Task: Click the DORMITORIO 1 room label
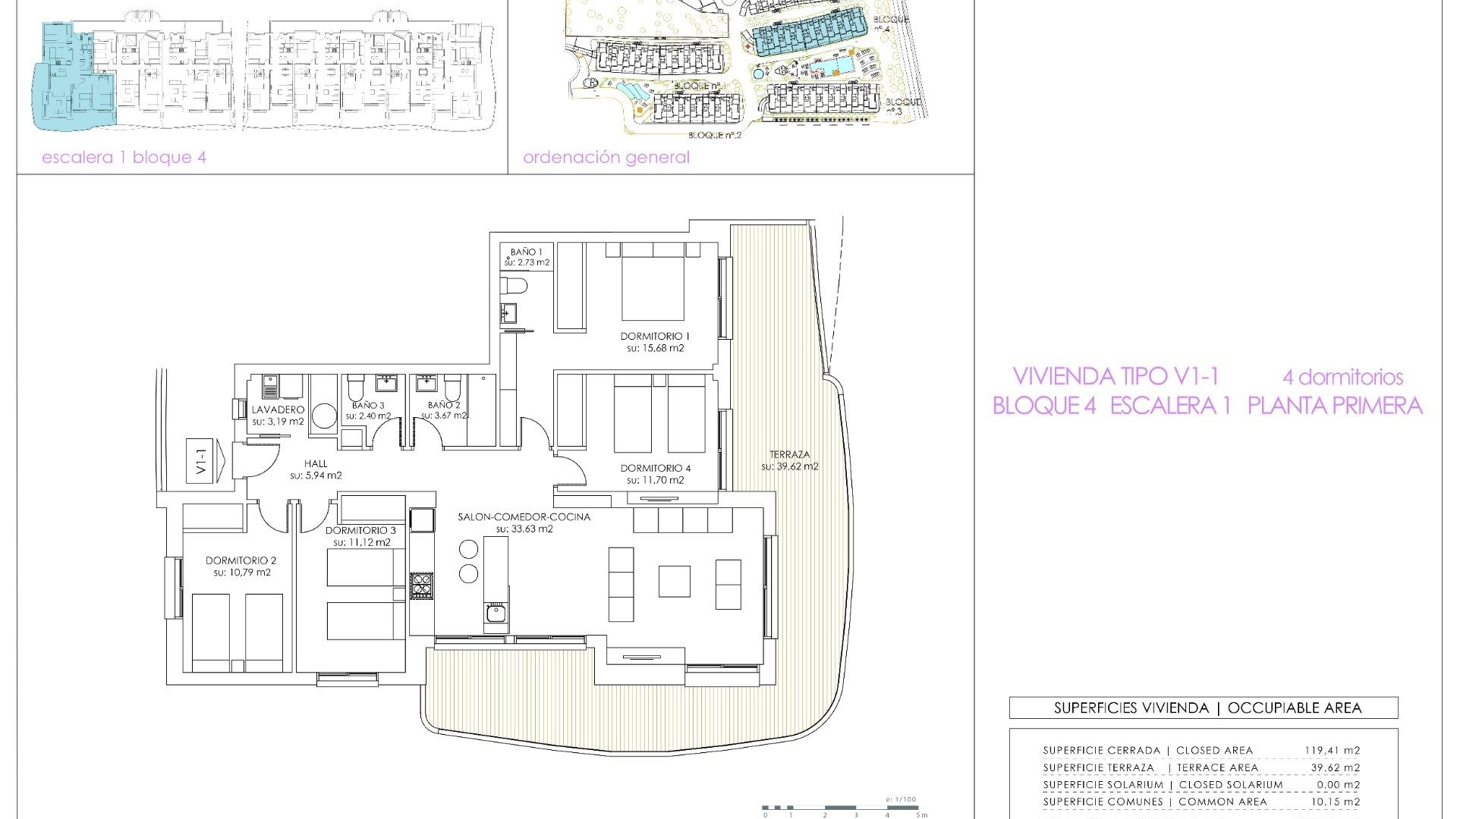(x=655, y=336)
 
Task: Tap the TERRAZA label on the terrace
(x=789, y=454)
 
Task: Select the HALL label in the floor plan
(x=316, y=463)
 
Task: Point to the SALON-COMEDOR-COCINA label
(x=524, y=517)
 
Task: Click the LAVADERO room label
(x=278, y=409)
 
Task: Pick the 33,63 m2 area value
(x=524, y=529)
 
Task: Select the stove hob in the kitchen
(x=421, y=585)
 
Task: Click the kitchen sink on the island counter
(x=496, y=613)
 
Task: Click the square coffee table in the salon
(x=674, y=582)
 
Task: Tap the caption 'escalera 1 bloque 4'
(x=124, y=158)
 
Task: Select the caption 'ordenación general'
(x=606, y=158)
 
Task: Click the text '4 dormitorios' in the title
(x=1342, y=377)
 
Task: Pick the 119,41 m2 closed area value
(x=1332, y=751)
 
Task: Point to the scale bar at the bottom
(x=842, y=808)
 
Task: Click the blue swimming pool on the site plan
(x=829, y=67)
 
